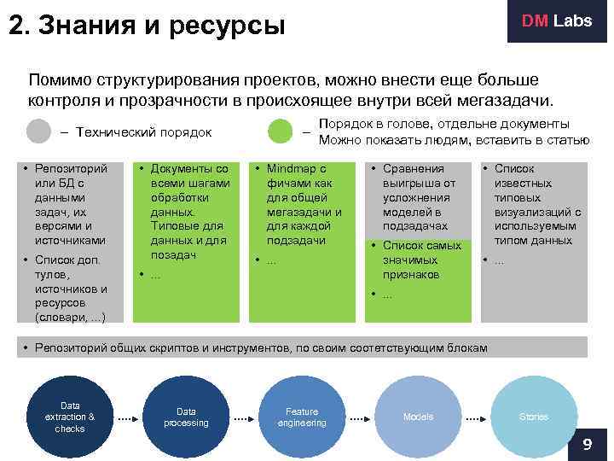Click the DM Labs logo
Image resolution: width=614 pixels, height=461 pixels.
556,22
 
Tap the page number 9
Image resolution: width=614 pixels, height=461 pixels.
587,445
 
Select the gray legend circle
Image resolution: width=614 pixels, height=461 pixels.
39,131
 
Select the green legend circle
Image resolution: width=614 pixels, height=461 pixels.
281,131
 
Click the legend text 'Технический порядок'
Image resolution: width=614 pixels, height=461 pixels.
143,132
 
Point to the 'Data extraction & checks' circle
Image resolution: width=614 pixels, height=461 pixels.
70,417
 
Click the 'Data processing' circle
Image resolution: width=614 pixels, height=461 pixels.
186,417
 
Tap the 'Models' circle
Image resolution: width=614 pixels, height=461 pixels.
418,417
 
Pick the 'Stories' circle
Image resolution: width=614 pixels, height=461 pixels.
534,417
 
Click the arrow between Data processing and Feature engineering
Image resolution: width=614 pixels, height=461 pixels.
244,418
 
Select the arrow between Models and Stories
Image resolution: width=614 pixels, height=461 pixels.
476,418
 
